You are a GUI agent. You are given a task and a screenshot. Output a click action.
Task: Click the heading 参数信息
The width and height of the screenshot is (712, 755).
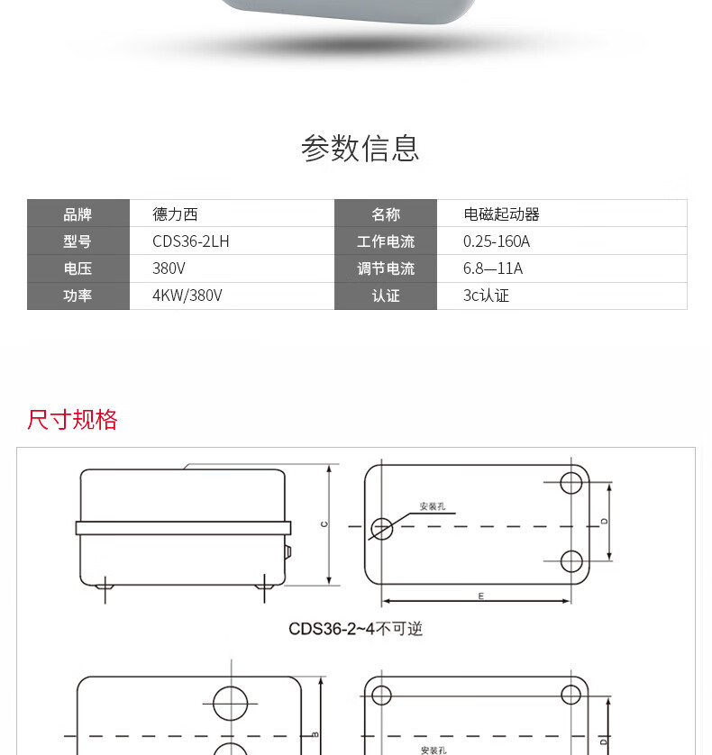[x=360, y=148]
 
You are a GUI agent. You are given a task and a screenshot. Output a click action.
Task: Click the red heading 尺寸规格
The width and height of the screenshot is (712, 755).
[x=72, y=420]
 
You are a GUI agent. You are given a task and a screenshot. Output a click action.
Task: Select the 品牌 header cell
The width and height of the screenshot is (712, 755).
[x=78, y=214]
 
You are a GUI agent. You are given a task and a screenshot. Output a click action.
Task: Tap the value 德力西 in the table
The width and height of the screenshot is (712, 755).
[x=175, y=214]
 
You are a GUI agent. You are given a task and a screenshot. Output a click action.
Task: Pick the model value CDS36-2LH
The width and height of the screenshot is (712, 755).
[x=191, y=241]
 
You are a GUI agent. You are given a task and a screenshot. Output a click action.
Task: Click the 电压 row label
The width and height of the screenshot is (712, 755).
[x=78, y=268]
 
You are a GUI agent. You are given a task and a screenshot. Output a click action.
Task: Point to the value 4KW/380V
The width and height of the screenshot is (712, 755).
[x=187, y=296]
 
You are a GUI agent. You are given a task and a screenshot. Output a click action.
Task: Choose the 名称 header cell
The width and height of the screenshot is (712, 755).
[x=385, y=214]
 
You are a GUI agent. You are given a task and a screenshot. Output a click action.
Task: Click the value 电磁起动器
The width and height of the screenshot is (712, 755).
[x=501, y=214]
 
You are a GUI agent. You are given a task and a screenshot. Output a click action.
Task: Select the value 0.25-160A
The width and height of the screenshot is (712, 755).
[x=497, y=241]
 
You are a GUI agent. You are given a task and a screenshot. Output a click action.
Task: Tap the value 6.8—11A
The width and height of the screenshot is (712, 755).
[x=493, y=268]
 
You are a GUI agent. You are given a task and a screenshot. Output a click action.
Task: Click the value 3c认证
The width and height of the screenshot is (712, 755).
[x=486, y=296]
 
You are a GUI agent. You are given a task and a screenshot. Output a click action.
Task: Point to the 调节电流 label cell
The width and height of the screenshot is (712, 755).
[x=385, y=268]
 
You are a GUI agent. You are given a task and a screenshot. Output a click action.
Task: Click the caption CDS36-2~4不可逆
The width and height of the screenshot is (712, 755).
[x=355, y=629]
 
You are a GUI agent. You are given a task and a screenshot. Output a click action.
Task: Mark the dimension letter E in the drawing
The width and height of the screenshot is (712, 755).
[x=480, y=596]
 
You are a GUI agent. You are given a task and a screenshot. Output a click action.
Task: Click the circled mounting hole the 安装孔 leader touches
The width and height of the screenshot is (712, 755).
[x=382, y=528]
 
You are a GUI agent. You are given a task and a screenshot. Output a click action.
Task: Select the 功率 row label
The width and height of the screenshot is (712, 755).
[x=78, y=296]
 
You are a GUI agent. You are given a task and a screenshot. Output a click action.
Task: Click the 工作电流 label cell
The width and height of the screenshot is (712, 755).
[x=385, y=241]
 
